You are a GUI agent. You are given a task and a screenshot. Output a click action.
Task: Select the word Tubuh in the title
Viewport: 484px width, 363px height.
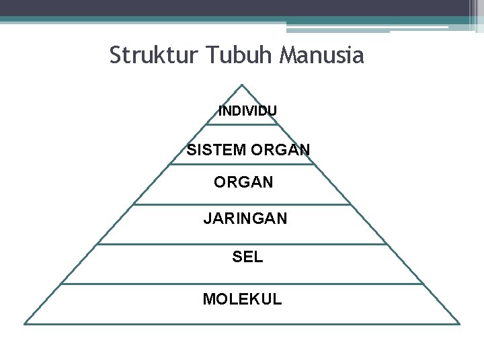[x=233, y=55]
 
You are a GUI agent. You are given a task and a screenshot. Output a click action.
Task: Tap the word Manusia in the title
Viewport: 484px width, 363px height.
[x=320, y=55]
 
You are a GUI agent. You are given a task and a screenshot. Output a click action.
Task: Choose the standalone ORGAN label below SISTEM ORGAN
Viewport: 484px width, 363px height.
[x=243, y=182]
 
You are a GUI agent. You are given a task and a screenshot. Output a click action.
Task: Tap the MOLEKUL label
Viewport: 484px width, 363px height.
[x=243, y=298]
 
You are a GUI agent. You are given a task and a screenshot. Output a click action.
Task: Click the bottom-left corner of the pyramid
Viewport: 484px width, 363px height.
[x=25, y=324]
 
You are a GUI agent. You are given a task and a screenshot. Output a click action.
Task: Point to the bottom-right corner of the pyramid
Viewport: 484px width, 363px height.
[x=459, y=324]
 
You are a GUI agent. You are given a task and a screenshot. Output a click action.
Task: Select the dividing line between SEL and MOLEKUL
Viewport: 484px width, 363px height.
[x=242, y=284]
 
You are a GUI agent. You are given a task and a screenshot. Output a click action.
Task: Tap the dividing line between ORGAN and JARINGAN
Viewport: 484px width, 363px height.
[x=242, y=204]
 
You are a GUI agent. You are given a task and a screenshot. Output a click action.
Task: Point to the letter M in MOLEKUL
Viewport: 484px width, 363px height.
[x=208, y=298]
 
